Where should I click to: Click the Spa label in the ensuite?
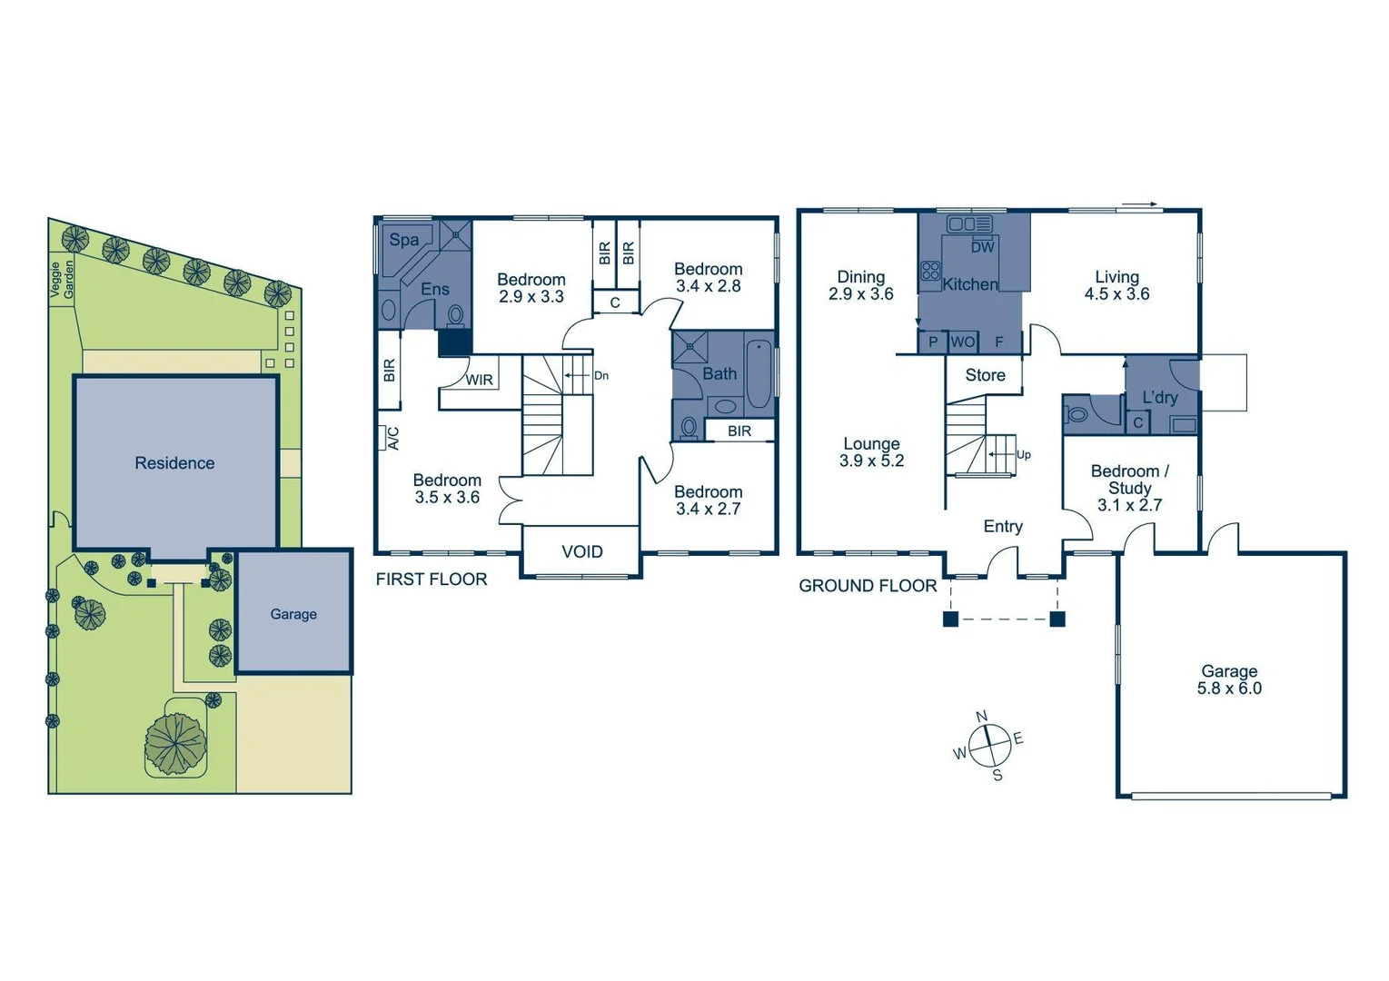click(404, 240)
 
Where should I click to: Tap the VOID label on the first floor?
click(581, 551)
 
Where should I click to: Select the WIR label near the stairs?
click(479, 380)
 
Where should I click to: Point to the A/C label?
click(392, 438)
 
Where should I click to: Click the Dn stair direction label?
click(600, 375)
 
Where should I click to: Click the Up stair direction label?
click(1023, 454)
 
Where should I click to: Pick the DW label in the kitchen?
click(982, 246)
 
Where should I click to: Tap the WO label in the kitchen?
click(962, 342)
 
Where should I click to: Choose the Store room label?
click(985, 375)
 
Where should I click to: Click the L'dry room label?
click(1159, 397)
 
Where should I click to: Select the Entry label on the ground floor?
click(1003, 526)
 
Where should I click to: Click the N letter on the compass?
click(981, 717)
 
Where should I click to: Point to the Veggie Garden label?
click(62, 279)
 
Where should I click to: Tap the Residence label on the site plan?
click(174, 463)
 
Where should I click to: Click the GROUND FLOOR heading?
click(868, 586)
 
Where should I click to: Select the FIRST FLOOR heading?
click(432, 579)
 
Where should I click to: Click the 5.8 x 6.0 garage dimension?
click(1229, 689)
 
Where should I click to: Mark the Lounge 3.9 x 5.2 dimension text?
click(871, 461)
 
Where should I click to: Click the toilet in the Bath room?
click(689, 426)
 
